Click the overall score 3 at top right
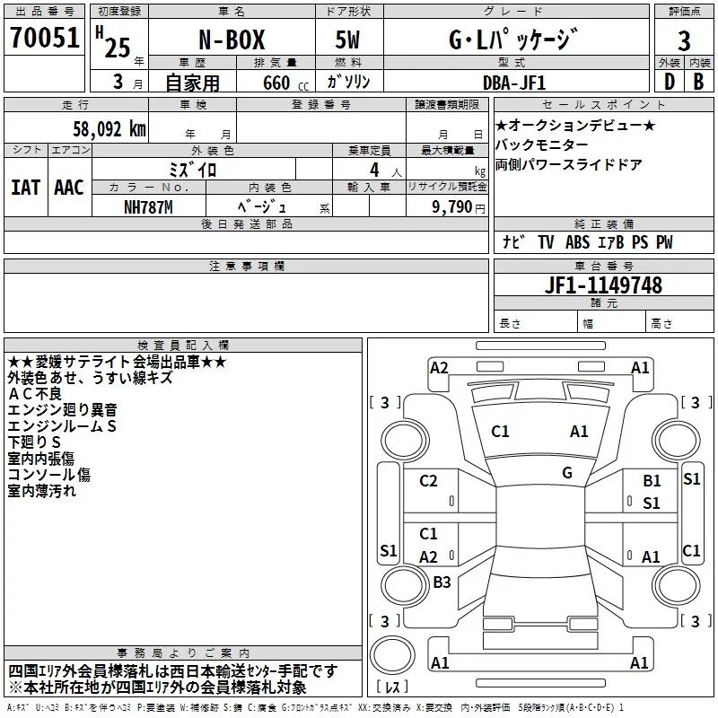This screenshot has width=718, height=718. pyautogui.click(x=685, y=40)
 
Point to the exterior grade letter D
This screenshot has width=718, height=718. pyautogui.click(x=669, y=81)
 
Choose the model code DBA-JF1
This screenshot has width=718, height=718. pyautogui.click(x=513, y=81)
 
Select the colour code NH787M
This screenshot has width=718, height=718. pyautogui.click(x=148, y=206)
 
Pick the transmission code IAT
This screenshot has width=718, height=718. pyautogui.click(x=25, y=187)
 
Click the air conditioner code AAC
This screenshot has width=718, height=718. pyautogui.click(x=69, y=187)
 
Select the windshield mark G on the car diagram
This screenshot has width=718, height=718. pyautogui.click(x=567, y=472)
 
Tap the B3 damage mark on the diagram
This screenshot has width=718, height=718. pyautogui.click(x=442, y=582)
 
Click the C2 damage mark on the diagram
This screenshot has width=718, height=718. pyautogui.click(x=428, y=481)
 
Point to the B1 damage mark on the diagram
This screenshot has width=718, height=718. pyautogui.click(x=652, y=481)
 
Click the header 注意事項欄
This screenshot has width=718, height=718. pyautogui.click(x=247, y=267)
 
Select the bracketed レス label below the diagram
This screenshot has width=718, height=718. pyautogui.click(x=391, y=687)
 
